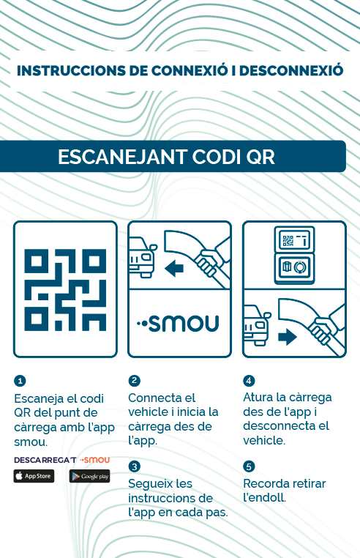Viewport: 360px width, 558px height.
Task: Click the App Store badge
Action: pyautogui.click(x=34, y=476)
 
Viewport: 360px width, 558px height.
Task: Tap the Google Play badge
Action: pyautogui.click(x=90, y=476)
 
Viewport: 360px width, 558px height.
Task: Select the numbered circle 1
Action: pyautogui.click(x=20, y=381)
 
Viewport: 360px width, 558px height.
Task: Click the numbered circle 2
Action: pyautogui.click(x=134, y=381)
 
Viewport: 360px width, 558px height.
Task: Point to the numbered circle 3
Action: pyautogui.click(x=134, y=466)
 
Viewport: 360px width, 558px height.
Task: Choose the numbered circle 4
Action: pyautogui.click(x=249, y=381)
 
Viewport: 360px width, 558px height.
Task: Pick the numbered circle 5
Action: pyautogui.click(x=249, y=466)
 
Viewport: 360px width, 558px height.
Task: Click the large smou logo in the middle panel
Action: pyautogui.click(x=178, y=323)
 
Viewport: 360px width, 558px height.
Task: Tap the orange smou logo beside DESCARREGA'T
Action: pyautogui.click(x=94, y=460)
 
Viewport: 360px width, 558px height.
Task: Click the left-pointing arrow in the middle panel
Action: pyautogui.click(x=174, y=268)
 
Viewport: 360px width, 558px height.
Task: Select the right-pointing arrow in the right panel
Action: pyautogui.click(x=288, y=337)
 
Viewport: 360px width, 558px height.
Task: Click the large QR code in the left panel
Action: pyautogui.click(x=65, y=290)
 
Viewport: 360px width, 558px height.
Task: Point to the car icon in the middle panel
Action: pyautogui.click(x=143, y=256)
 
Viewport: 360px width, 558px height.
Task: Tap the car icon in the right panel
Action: pyautogui.click(x=257, y=324)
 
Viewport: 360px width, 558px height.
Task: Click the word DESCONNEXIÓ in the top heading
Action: pyautogui.click(x=291, y=70)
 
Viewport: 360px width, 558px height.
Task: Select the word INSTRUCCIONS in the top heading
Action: pyautogui.click(x=71, y=71)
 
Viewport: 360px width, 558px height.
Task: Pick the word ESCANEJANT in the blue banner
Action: pyautogui.click(x=122, y=157)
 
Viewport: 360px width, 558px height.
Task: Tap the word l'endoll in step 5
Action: pyautogui.click(x=264, y=497)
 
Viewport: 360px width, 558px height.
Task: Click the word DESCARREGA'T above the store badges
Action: pyautogui.click(x=45, y=460)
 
